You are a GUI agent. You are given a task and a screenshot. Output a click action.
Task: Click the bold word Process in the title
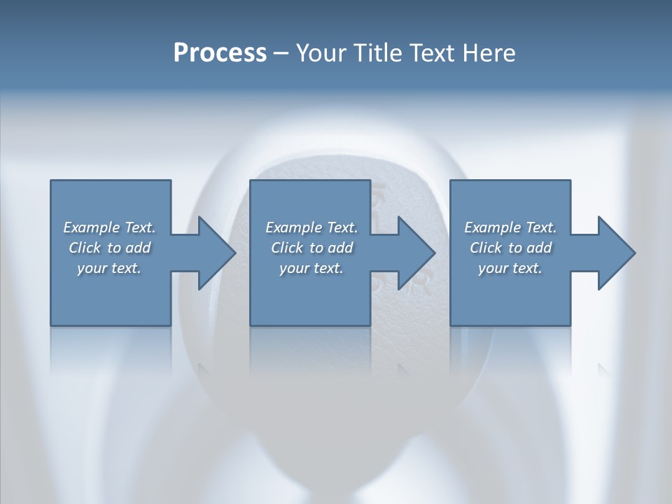pos(220,53)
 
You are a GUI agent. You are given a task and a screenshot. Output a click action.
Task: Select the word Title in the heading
pos(379,53)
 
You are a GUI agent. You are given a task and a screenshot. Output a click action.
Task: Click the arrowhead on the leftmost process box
pos(216,253)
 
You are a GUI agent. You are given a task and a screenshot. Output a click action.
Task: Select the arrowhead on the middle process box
pos(415,253)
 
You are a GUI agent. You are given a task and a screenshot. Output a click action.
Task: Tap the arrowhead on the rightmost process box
pos(615,253)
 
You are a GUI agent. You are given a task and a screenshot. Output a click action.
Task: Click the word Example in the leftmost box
pos(92,227)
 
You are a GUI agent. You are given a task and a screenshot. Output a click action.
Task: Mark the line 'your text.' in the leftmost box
pos(109,268)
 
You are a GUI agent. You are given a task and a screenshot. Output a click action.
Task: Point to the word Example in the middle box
pos(294,227)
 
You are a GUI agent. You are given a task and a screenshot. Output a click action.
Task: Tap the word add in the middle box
pos(340,248)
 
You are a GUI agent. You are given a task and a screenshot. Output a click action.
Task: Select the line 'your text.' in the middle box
pos(311,268)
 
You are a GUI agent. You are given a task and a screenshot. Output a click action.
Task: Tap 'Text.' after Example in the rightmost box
pos(540,227)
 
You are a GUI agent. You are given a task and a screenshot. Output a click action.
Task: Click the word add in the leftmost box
pos(138,248)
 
